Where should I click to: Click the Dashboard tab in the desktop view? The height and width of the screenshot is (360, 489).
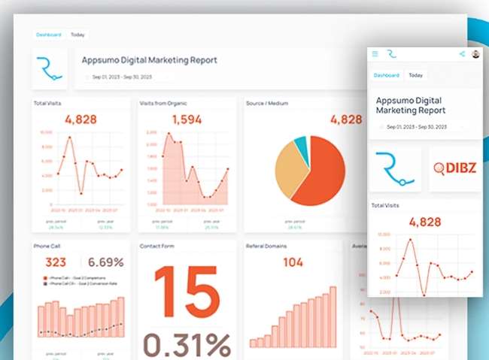click(x=50, y=35)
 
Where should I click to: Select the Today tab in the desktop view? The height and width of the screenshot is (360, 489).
click(x=77, y=35)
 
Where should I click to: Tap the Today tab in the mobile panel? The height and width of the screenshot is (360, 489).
click(x=415, y=75)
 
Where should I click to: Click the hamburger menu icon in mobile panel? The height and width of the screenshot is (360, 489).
click(x=375, y=54)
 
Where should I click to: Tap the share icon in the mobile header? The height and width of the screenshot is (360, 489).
click(x=461, y=54)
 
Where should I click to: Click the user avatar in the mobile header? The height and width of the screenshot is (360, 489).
click(x=475, y=54)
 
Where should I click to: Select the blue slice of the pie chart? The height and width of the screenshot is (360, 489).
click(x=301, y=146)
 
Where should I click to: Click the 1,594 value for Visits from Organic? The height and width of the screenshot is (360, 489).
click(x=187, y=119)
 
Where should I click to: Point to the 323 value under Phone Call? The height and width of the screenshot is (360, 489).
click(x=56, y=262)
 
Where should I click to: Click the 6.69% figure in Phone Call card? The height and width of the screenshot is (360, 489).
click(x=105, y=262)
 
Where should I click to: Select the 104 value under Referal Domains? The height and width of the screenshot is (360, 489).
click(x=293, y=262)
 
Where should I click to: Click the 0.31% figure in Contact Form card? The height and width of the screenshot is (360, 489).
click(x=187, y=343)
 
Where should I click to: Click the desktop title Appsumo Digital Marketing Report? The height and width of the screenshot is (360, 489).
click(x=150, y=59)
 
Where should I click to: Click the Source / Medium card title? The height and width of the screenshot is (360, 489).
click(x=267, y=102)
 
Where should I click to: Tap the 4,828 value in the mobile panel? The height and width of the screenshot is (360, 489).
click(x=425, y=222)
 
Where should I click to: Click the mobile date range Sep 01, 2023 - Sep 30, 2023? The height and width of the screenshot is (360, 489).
click(x=422, y=127)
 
